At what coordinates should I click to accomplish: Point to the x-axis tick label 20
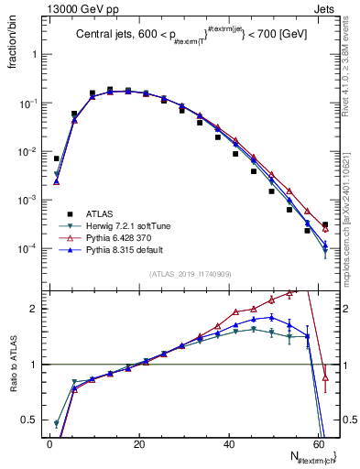click(x=137, y=443)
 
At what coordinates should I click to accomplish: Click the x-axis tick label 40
click(x=227, y=443)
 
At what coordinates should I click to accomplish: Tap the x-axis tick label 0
click(x=49, y=443)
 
